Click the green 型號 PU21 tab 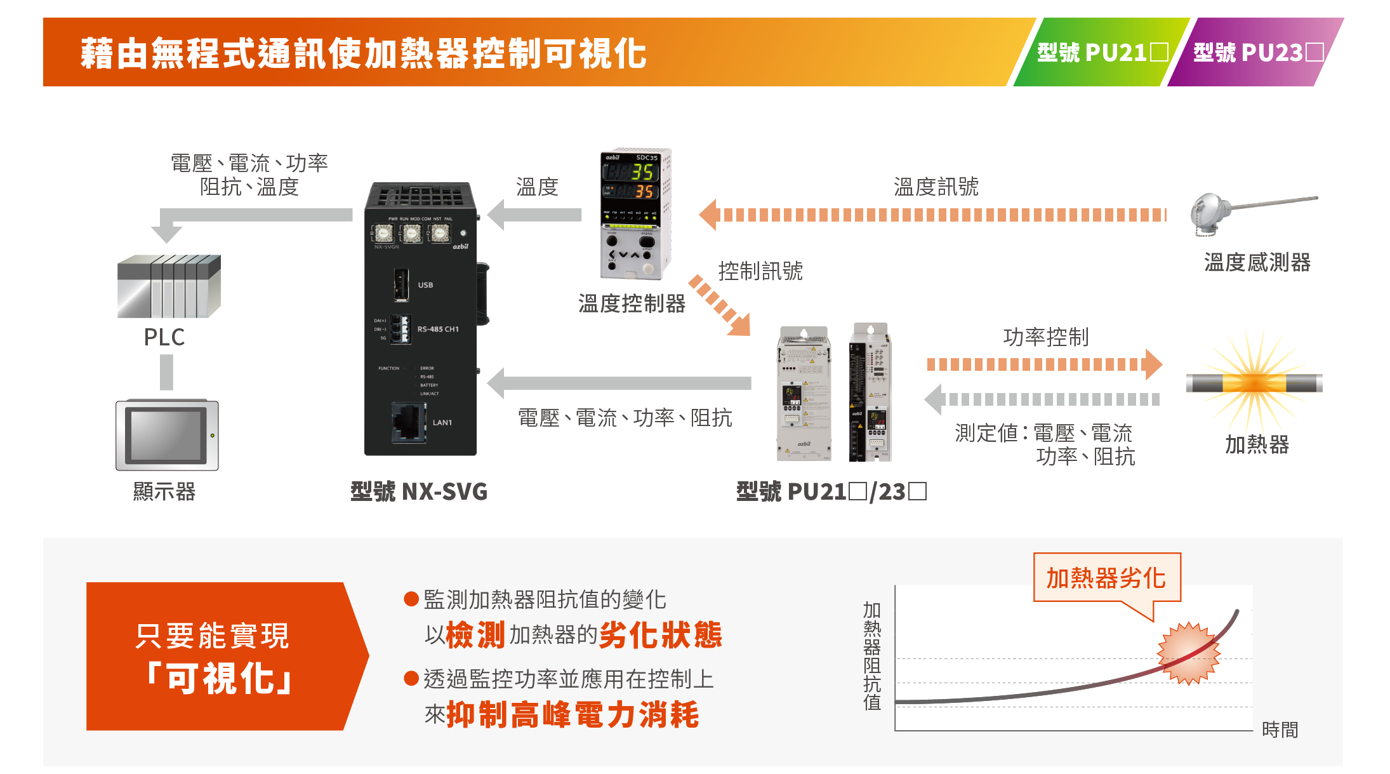(x=1101, y=53)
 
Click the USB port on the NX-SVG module (x=401, y=284)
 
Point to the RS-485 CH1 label (x=437, y=329)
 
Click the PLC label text (x=164, y=337)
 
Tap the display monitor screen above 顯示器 (x=166, y=435)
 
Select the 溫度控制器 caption (x=632, y=304)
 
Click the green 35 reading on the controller (x=642, y=171)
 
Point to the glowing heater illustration (x=1254, y=383)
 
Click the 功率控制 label (x=1045, y=337)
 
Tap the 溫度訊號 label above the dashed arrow (x=936, y=187)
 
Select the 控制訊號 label (x=760, y=271)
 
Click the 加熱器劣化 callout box (x=1106, y=578)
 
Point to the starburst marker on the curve (x=1189, y=653)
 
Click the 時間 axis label (x=1280, y=730)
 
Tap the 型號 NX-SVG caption (x=419, y=491)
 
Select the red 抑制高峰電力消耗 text (x=573, y=715)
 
